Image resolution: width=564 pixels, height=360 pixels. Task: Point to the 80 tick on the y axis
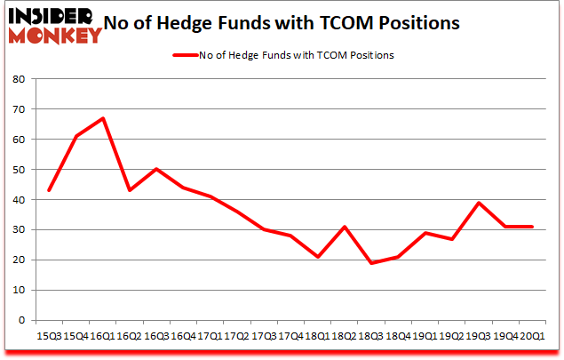coord(18,79)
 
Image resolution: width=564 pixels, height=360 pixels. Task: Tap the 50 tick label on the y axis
coord(18,170)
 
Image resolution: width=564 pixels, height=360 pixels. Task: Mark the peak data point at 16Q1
coord(104,118)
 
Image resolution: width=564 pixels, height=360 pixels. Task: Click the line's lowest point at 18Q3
coord(371,263)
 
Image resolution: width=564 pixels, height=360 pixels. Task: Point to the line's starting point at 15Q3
coord(50,190)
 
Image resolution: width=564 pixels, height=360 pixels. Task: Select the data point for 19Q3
coord(478,203)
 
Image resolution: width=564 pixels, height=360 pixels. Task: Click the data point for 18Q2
coord(345,227)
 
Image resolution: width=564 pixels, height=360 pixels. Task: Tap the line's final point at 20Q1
coord(531,227)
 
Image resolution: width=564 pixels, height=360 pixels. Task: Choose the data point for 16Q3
coord(157,169)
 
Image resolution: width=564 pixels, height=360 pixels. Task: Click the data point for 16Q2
coord(131,190)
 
